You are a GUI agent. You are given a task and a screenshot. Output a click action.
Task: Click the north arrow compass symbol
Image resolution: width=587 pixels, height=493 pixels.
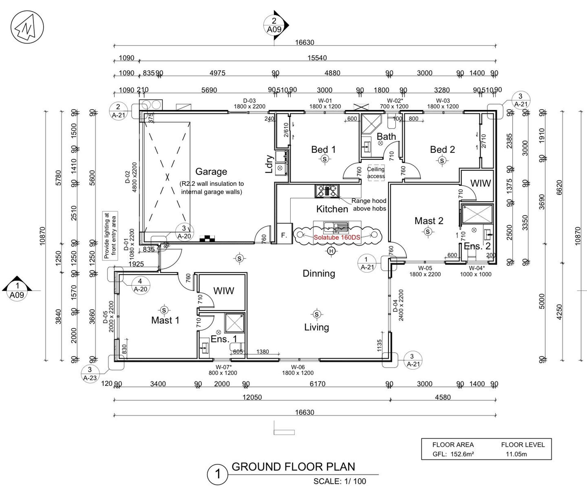pyautogui.click(x=27, y=27)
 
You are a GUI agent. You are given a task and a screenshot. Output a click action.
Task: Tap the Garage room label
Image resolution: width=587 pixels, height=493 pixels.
pyautogui.click(x=211, y=172)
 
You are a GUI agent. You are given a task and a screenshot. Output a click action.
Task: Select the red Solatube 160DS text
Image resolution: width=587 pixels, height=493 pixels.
pyautogui.click(x=337, y=237)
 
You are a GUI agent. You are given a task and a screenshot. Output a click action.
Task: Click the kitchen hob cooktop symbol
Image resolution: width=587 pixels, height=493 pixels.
pyautogui.click(x=327, y=191)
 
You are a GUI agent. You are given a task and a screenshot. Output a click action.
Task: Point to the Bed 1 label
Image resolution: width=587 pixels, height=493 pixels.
pyautogui.click(x=323, y=149)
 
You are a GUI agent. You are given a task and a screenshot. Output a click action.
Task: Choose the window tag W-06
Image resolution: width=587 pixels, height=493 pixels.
pyautogui.click(x=297, y=367)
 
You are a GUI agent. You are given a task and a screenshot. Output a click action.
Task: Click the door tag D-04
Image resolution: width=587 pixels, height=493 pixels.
pyautogui.click(x=395, y=305)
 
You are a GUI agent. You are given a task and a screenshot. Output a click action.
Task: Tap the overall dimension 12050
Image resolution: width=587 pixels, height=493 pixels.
pyautogui.click(x=252, y=397)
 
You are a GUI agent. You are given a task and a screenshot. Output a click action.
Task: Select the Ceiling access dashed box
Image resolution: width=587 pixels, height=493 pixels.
pyautogui.click(x=376, y=173)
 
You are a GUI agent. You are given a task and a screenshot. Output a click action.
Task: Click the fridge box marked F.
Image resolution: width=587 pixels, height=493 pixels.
pyautogui.click(x=284, y=234)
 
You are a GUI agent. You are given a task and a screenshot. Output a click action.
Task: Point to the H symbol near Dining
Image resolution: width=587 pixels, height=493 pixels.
pyautogui.click(x=331, y=251)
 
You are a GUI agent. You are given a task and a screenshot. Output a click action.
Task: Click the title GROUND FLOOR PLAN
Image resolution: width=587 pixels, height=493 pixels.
pyautogui.click(x=293, y=467)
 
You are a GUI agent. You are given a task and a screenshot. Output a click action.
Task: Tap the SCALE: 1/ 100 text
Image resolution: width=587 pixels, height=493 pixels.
pyautogui.click(x=339, y=481)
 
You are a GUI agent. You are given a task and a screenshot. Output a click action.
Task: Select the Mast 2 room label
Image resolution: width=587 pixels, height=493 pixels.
pyautogui.click(x=429, y=221)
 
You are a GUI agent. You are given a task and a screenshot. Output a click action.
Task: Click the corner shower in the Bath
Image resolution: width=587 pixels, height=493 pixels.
pyautogui.click(x=371, y=124)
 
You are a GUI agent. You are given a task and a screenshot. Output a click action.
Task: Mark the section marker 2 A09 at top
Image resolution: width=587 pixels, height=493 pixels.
pyautogui.click(x=274, y=25)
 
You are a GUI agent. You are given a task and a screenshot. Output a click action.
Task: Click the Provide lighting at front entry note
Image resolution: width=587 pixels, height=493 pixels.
pyautogui.click(x=110, y=236)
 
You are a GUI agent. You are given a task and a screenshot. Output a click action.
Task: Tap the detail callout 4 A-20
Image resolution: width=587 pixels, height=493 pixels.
pyautogui.click(x=140, y=285)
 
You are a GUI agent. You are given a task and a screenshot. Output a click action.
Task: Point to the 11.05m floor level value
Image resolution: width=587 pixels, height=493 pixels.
pyautogui.click(x=516, y=454)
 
